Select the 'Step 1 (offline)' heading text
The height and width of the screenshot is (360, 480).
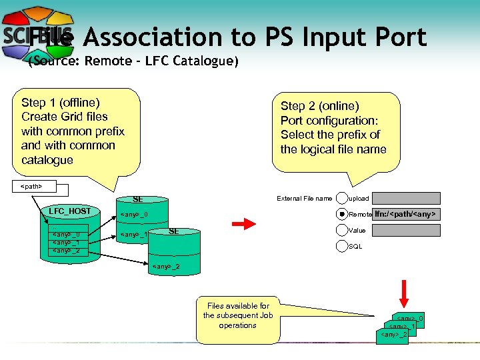[61, 103]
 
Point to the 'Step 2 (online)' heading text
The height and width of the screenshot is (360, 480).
[319, 106]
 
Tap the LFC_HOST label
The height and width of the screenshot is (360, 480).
[70, 211]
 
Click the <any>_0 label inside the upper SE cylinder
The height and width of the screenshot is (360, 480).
[133, 215]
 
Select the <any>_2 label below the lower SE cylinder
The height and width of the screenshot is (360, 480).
[166, 267]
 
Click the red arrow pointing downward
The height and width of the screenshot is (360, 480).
[405, 291]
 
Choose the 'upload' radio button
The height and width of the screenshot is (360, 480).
[342, 198]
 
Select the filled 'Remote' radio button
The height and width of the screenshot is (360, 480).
[342, 214]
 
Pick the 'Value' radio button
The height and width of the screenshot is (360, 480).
[342, 230]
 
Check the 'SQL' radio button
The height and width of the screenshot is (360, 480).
[342, 246]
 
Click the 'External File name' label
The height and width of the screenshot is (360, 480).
[305, 198]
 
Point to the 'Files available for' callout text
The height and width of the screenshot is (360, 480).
[237, 306]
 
